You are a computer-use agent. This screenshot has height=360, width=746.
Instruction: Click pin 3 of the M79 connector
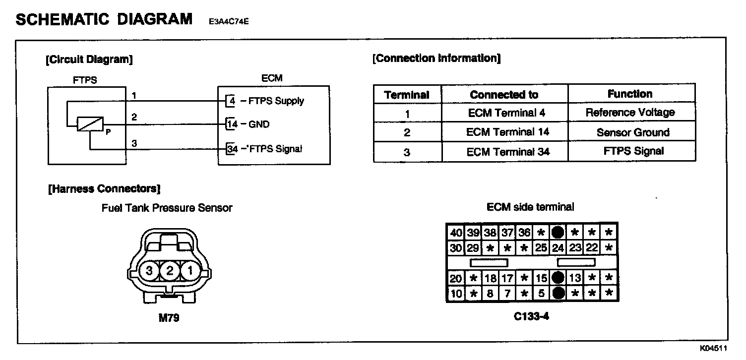(148, 271)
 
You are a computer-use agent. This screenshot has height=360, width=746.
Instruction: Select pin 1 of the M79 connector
(189, 271)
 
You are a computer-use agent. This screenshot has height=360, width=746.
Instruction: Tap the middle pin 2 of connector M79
(169, 271)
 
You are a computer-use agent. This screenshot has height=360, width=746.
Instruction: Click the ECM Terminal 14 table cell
(505, 132)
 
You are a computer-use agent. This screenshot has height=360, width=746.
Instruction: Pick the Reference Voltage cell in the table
(630, 113)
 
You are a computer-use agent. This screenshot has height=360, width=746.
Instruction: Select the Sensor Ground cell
(632, 132)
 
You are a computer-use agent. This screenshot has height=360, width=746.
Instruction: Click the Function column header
(630, 94)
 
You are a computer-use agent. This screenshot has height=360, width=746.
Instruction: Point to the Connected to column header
(503, 94)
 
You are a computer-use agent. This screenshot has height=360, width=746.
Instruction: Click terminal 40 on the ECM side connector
(456, 233)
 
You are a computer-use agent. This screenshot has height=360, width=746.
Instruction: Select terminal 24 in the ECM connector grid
(558, 247)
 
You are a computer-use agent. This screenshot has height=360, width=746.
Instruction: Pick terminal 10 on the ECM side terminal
(456, 294)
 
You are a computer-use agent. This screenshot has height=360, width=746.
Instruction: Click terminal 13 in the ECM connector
(575, 278)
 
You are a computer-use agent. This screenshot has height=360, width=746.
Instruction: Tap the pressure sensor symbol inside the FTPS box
(90, 123)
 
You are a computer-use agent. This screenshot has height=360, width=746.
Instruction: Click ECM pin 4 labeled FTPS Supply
(231, 101)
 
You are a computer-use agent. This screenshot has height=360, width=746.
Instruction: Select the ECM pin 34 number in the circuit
(231, 149)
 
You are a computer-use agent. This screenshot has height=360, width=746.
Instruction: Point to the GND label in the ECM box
(258, 124)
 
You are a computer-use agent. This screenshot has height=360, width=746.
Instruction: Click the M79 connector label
(169, 318)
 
